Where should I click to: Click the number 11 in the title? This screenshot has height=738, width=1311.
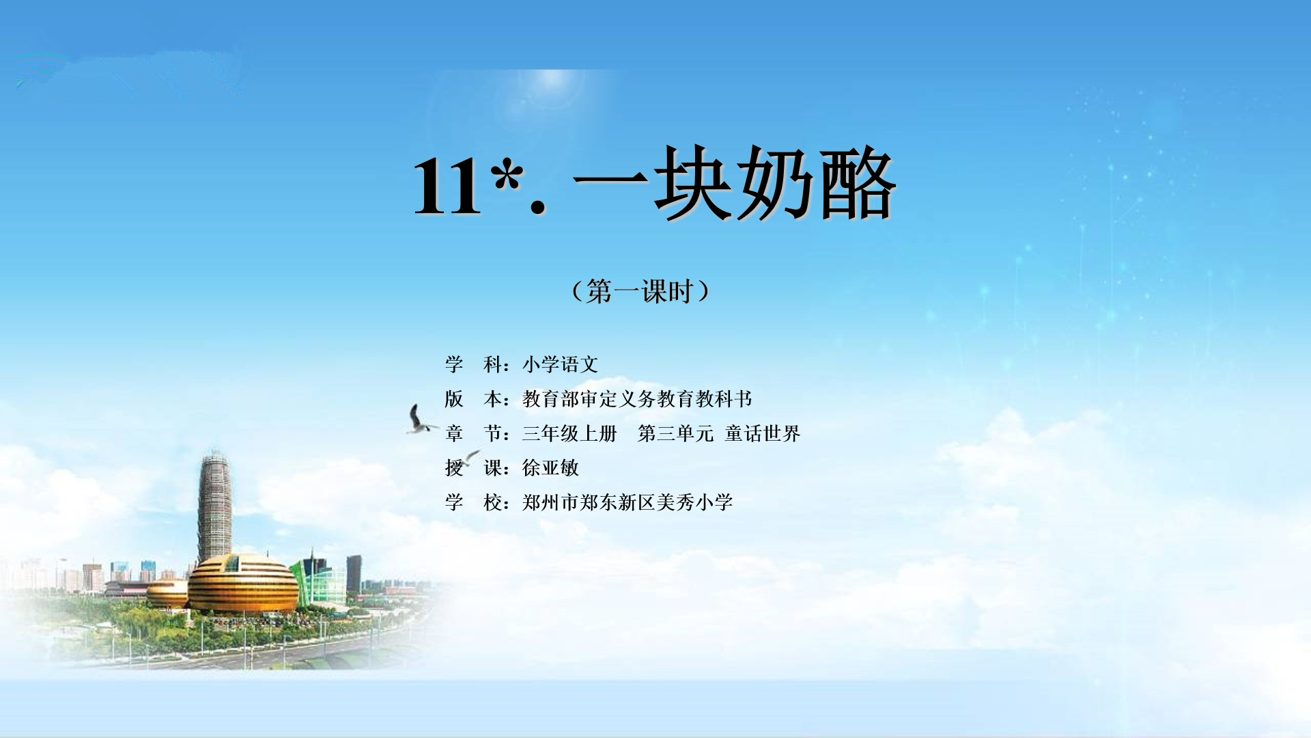click(x=447, y=185)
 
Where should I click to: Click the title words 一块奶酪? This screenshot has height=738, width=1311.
click(x=735, y=182)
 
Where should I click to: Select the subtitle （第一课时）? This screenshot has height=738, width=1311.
click(x=640, y=292)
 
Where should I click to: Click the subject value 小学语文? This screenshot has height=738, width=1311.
click(x=561, y=364)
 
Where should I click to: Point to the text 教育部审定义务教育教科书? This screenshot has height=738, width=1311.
click(x=637, y=399)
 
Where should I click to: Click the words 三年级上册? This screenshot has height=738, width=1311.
click(x=569, y=433)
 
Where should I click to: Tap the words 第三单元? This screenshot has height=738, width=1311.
click(x=675, y=433)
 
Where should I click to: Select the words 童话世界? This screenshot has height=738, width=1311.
click(x=763, y=433)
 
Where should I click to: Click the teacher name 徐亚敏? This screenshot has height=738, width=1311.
click(x=550, y=468)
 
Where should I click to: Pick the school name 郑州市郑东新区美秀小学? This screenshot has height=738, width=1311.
click(x=628, y=502)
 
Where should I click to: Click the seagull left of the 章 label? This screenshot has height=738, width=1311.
click(x=420, y=419)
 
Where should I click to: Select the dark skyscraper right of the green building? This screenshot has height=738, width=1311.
click(x=354, y=574)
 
